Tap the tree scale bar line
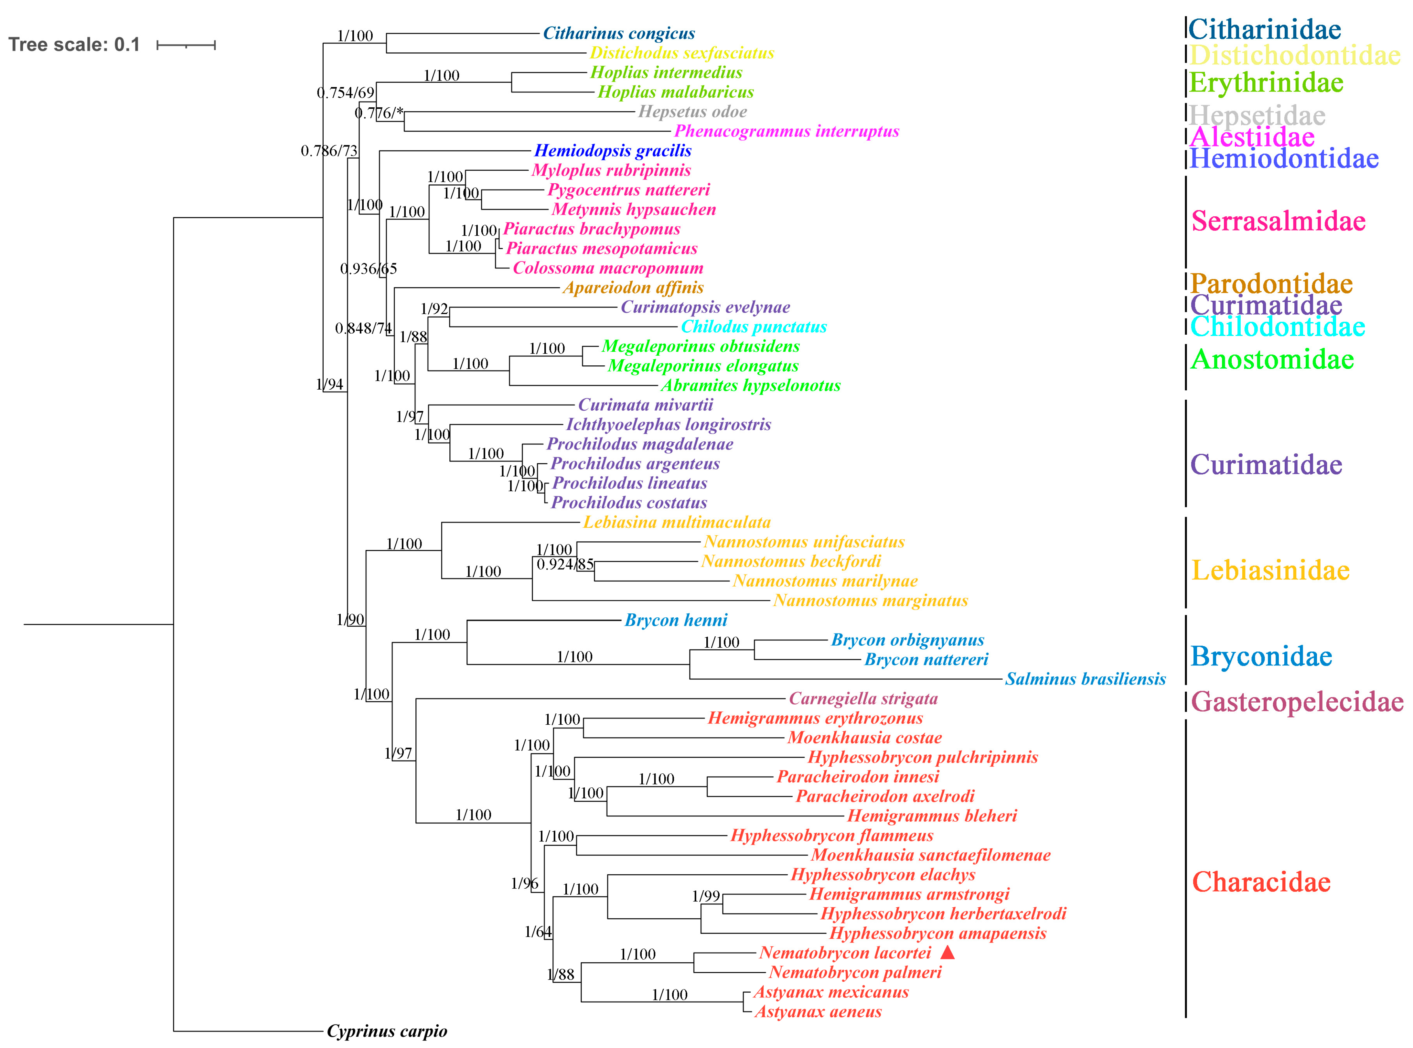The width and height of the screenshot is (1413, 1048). [186, 45]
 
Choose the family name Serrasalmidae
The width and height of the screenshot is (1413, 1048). [1278, 221]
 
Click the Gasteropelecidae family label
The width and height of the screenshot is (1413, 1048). [1297, 702]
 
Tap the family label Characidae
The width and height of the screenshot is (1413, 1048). [1261, 882]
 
